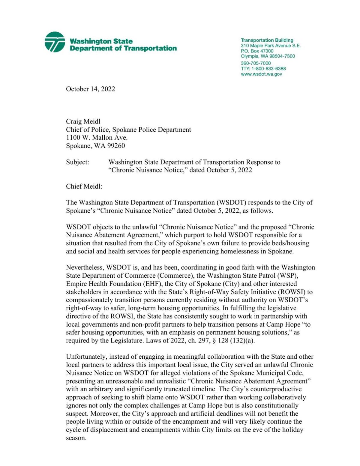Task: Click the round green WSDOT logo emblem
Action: (x=55, y=42)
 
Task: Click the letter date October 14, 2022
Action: (x=90, y=89)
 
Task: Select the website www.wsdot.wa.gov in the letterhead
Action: (x=261, y=74)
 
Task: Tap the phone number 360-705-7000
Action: (x=256, y=63)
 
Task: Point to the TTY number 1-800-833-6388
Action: (x=268, y=69)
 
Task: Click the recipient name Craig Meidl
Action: (x=83, y=121)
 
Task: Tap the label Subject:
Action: (x=77, y=162)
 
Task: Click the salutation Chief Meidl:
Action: (x=84, y=187)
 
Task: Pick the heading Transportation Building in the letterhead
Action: (x=267, y=40)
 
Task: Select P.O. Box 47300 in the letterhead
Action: (x=257, y=51)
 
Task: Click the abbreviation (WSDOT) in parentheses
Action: (x=230, y=203)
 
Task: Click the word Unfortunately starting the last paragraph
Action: (x=86, y=357)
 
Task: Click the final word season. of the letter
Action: (x=76, y=438)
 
